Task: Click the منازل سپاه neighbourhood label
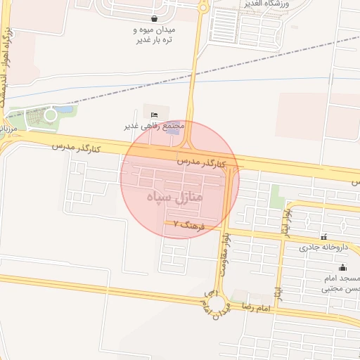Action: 174,198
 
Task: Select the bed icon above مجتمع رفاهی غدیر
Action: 155,115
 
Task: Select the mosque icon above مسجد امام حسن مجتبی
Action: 342,267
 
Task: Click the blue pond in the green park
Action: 65,110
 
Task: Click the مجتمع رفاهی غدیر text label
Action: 155,126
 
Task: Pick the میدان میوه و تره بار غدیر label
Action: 154,35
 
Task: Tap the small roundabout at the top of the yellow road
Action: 203,8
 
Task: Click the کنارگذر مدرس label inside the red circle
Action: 204,162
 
